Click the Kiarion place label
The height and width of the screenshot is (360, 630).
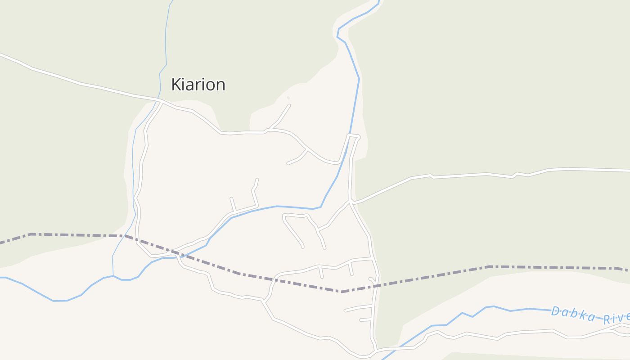[x=198, y=85]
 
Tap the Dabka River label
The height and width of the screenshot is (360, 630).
[x=589, y=315]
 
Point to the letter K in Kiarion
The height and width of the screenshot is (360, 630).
[x=176, y=85]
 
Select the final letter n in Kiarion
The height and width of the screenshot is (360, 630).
[x=220, y=85]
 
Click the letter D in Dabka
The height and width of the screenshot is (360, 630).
[x=555, y=311]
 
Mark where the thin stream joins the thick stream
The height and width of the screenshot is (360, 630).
[x=113, y=275]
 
